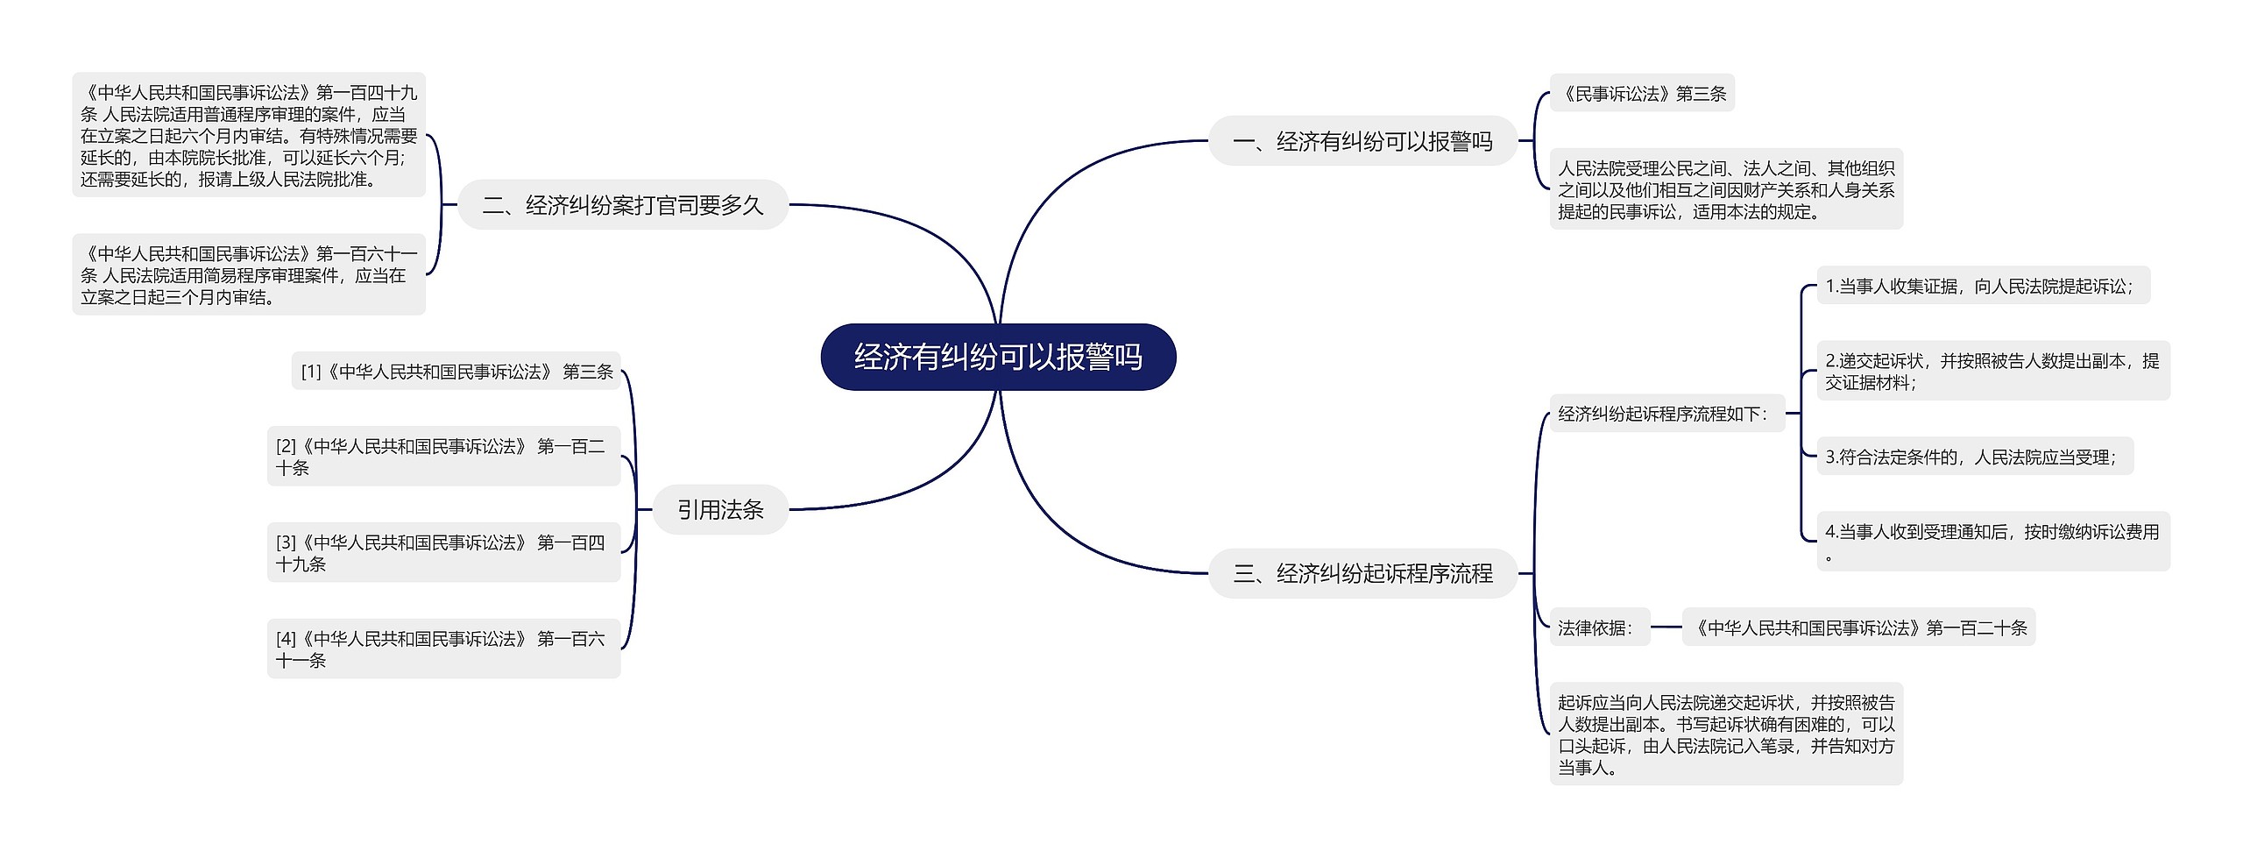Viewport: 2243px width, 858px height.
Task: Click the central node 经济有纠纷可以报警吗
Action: [x=998, y=357]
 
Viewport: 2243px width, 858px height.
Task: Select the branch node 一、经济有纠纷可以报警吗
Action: [x=1362, y=141]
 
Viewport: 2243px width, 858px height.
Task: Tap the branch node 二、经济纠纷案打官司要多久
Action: [x=623, y=205]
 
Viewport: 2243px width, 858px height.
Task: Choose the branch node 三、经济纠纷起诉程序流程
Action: [x=1362, y=573]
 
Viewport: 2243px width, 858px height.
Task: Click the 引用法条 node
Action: [x=720, y=509]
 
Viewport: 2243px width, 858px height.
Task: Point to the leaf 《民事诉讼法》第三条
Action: [x=1642, y=93]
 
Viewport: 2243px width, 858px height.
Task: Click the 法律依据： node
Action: [x=1599, y=628]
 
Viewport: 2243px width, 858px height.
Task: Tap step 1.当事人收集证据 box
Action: [x=1983, y=286]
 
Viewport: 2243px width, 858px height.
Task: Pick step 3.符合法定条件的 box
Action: [x=1974, y=457]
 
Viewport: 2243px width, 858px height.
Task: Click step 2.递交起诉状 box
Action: [x=1992, y=371]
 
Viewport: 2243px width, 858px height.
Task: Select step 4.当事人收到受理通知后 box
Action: [x=1992, y=542]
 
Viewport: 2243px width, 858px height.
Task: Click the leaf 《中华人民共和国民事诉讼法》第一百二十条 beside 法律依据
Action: [x=1858, y=628]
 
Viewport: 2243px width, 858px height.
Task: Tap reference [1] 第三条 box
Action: [x=456, y=372]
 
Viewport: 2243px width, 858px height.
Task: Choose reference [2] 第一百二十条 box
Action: [x=443, y=457]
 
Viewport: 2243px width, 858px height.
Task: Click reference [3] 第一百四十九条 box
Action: [x=443, y=553]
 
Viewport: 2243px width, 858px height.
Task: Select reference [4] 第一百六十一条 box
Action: [x=443, y=649]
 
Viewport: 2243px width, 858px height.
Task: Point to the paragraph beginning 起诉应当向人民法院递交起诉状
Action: [x=1726, y=734]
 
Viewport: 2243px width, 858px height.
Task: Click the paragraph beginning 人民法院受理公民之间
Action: [x=1726, y=189]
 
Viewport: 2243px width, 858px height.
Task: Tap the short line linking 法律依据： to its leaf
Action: [x=1666, y=628]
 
